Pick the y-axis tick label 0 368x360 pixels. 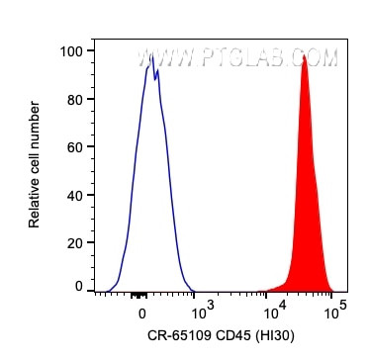(78, 286)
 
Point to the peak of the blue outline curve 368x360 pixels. (151, 57)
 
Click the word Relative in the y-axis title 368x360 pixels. (35, 205)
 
